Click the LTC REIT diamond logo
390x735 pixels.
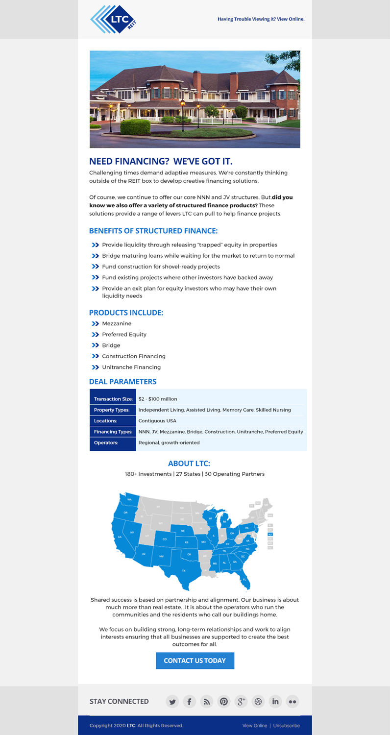coord(113,20)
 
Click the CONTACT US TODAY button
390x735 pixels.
coord(195,661)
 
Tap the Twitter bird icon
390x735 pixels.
coord(172,702)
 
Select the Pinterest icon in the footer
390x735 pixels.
coord(224,702)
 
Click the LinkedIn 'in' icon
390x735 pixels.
coord(275,702)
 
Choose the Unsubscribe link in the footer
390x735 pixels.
coord(287,726)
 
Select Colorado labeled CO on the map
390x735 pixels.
coord(165,539)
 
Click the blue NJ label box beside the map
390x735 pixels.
coord(270,535)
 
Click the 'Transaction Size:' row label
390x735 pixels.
coord(113,399)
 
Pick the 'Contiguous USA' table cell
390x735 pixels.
coord(157,421)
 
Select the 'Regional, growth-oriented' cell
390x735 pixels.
coord(169,443)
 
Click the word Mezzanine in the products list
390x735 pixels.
coord(117,324)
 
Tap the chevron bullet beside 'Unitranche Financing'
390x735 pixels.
coord(95,367)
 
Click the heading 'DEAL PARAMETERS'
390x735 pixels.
coord(122,382)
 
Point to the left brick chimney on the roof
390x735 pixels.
coord(197,81)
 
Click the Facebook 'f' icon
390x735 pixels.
coord(189,702)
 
